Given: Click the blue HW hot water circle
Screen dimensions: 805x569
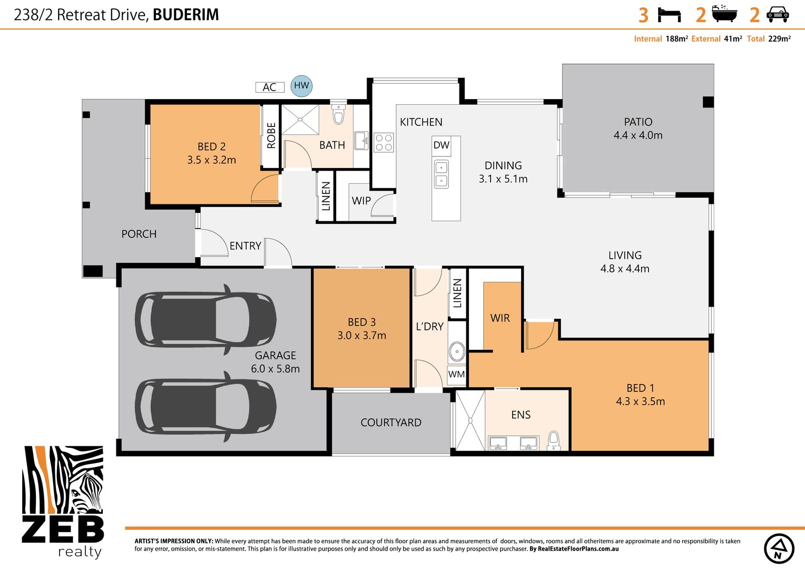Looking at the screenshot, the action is pyautogui.click(x=301, y=86).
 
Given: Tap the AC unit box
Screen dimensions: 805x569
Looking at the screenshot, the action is pyautogui.click(x=270, y=87).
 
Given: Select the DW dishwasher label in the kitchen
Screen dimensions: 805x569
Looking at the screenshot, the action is pyautogui.click(x=441, y=145).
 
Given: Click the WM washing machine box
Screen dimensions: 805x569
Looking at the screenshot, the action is pyautogui.click(x=456, y=375).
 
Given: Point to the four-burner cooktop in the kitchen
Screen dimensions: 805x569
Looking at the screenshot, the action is pyautogui.click(x=384, y=142).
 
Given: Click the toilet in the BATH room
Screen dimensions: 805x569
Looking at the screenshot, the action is pyautogui.click(x=338, y=114).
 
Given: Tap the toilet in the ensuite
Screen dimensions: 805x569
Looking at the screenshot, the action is pyautogui.click(x=553, y=440).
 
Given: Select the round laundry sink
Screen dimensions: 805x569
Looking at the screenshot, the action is pyautogui.click(x=457, y=351).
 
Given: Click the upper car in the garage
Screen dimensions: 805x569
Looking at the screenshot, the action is pyautogui.click(x=205, y=319).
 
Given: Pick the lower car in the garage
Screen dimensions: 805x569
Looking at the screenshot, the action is pyautogui.click(x=205, y=407).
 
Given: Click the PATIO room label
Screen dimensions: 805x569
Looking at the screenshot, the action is pyautogui.click(x=638, y=122).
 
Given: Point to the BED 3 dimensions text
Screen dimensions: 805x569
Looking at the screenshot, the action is pyautogui.click(x=361, y=336).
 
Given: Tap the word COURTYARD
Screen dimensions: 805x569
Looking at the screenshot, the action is pyautogui.click(x=391, y=423).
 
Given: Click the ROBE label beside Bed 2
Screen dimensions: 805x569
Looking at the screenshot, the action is pyautogui.click(x=271, y=135).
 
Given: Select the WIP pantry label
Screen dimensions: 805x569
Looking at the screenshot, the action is pyautogui.click(x=361, y=201).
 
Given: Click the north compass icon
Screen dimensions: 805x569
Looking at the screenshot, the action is pyautogui.click(x=779, y=548).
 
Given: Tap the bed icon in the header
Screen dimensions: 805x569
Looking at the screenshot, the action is pyautogui.click(x=669, y=15).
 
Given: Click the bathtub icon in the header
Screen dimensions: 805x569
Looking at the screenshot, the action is pyautogui.click(x=724, y=14).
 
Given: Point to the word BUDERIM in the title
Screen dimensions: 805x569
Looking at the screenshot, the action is pyautogui.click(x=186, y=15).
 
